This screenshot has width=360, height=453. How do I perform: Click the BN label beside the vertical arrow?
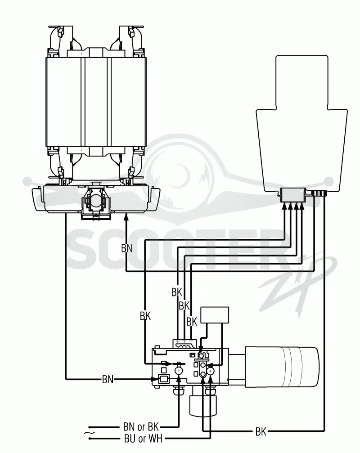126,248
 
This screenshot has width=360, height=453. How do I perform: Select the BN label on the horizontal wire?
108,379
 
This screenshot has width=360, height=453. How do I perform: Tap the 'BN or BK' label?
141,427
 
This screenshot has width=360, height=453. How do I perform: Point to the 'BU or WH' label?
143,439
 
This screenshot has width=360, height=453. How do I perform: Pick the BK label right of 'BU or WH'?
261,431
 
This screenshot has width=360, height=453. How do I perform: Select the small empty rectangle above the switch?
215,315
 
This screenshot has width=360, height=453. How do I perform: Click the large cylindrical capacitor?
282,367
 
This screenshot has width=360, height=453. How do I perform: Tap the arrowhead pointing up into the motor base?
126,217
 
